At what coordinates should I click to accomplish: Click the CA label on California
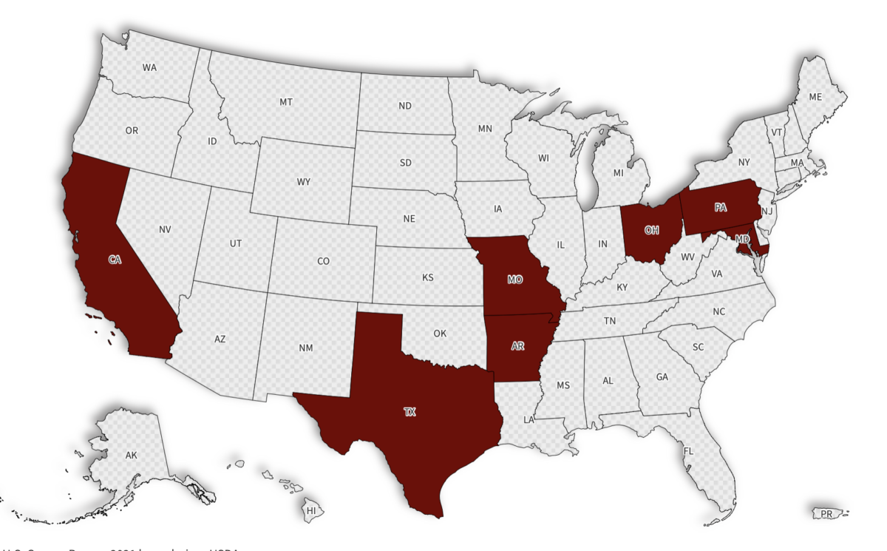[115, 260]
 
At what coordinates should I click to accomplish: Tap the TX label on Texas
[409, 413]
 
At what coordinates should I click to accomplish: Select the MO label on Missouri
[514, 280]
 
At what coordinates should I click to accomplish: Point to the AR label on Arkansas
[517, 345]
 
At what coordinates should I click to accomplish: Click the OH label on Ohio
[651, 230]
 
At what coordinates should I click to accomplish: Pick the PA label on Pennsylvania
[721, 208]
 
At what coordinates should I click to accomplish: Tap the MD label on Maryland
[742, 240]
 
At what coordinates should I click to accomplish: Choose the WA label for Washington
[149, 67]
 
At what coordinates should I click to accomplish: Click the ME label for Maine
[815, 97]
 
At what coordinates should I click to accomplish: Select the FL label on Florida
[688, 450]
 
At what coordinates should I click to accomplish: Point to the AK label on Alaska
[132, 455]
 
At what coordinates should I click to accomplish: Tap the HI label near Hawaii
[311, 510]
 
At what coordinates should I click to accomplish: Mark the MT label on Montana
[286, 102]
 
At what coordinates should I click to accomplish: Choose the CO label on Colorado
[324, 261]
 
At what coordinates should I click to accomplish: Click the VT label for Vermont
[777, 132]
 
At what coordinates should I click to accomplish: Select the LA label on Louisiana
[529, 419]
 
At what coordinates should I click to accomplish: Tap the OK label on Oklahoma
[440, 334]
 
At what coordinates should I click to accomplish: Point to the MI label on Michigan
[619, 172]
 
